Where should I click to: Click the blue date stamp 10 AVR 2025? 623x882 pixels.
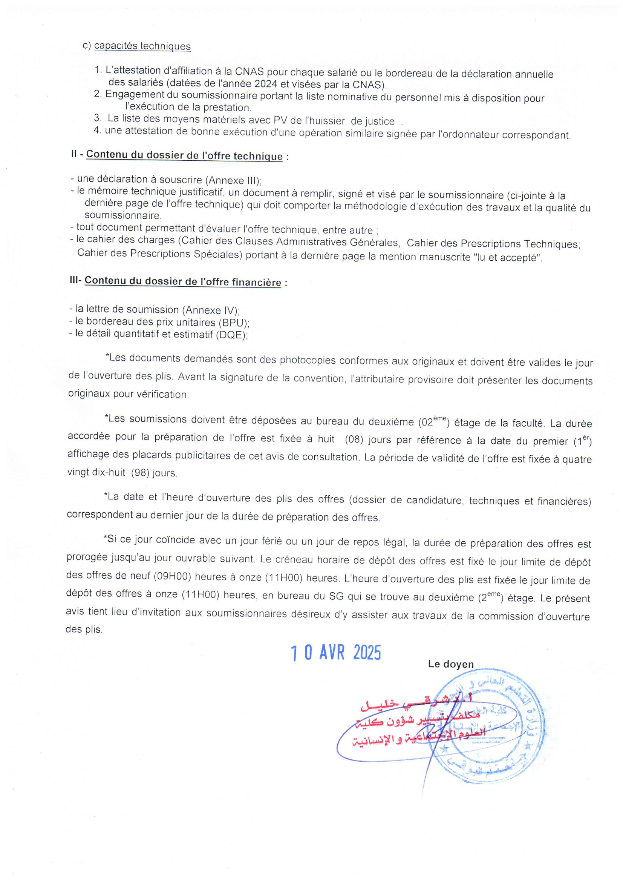pyautogui.click(x=335, y=653)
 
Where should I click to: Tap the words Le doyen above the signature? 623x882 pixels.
pyautogui.click(x=451, y=664)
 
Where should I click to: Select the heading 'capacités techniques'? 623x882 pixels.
pyautogui.click(x=142, y=46)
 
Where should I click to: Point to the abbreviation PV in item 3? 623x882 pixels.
pyautogui.click(x=280, y=120)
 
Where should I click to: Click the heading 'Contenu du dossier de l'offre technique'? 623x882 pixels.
pyautogui.click(x=184, y=155)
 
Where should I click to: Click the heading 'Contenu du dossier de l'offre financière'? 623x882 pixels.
pyautogui.click(x=183, y=281)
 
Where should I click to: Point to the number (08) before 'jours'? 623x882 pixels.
pyautogui.click(x=354, y=439)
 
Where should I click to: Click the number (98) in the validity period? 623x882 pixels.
pyautogui.click(x=140, y=472)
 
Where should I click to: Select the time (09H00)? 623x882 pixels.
pyautogui.click(x=174, y=577)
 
